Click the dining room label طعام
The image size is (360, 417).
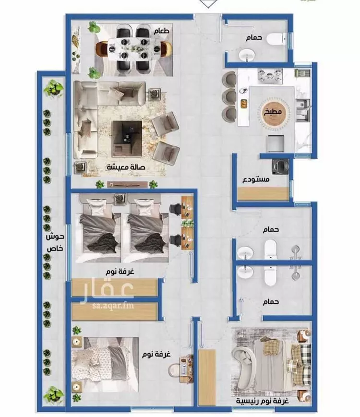pyautogui.click(x=161, y=31)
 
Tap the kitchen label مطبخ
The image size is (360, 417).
pyautogui.click(x=273, y=112)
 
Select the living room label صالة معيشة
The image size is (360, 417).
pyautogui.click(x=126, y=167)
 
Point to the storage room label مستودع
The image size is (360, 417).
pyautogui.click(x=256, y=179)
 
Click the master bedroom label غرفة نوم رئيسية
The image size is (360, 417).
pyautogui.click(x=263, y=401)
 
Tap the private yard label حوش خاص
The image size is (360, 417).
pyautogui.click(x=55, y=242)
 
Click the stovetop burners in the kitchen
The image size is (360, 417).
pyautogui.click(x=270, y=76)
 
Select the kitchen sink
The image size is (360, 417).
pyautogui.click(x=303, y=110)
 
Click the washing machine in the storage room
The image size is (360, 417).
pyautogui.click(x=280, y=167)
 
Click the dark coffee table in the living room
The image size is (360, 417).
pyautogui.click(x=127, y=139)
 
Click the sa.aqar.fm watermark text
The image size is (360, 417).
pyautogui.click(x=113, y=305)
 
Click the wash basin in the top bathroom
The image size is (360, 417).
pyautogui.click(x=247, y=55)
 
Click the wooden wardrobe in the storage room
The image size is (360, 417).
pyautogui.click(x=263, y=193)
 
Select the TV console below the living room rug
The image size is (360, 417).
pyautogui.click(x=127, y=184)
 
